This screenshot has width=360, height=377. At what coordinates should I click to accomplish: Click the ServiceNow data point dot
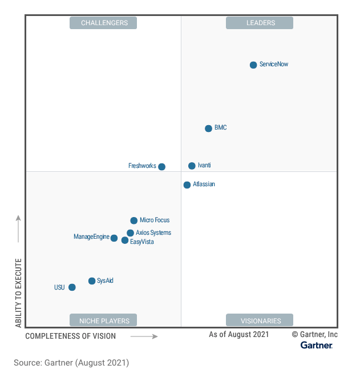[253, 65]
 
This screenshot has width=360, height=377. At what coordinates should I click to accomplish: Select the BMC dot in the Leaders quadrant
[209, 128]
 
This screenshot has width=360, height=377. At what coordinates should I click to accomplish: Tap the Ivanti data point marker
[192, 166]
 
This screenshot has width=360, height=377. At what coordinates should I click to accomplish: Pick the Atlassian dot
[187, 185]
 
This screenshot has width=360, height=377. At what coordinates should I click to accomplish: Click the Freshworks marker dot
[162, 167]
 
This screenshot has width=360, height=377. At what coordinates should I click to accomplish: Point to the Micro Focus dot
[134, 220]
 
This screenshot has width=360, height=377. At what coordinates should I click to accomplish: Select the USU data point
[72, 287]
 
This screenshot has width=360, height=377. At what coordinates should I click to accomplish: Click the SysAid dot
[92, 281]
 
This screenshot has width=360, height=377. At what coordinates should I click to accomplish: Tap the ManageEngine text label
[91, 237]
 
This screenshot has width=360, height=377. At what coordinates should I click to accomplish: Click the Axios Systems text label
[153, 233]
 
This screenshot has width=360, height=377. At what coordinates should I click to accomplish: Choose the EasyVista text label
[142, 242]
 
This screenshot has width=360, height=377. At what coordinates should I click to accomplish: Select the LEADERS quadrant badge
[260, 23]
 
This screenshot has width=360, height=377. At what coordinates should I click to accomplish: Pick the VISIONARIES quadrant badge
[260, 320]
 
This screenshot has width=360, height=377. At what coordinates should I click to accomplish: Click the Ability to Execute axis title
[19, 292]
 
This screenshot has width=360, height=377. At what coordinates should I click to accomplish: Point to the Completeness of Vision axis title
[70, 336]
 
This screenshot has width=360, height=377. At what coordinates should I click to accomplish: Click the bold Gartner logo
[317, 346]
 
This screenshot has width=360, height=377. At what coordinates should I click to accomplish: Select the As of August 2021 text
[238, 335]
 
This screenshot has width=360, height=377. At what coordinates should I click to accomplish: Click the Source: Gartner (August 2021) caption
[71, 363]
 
